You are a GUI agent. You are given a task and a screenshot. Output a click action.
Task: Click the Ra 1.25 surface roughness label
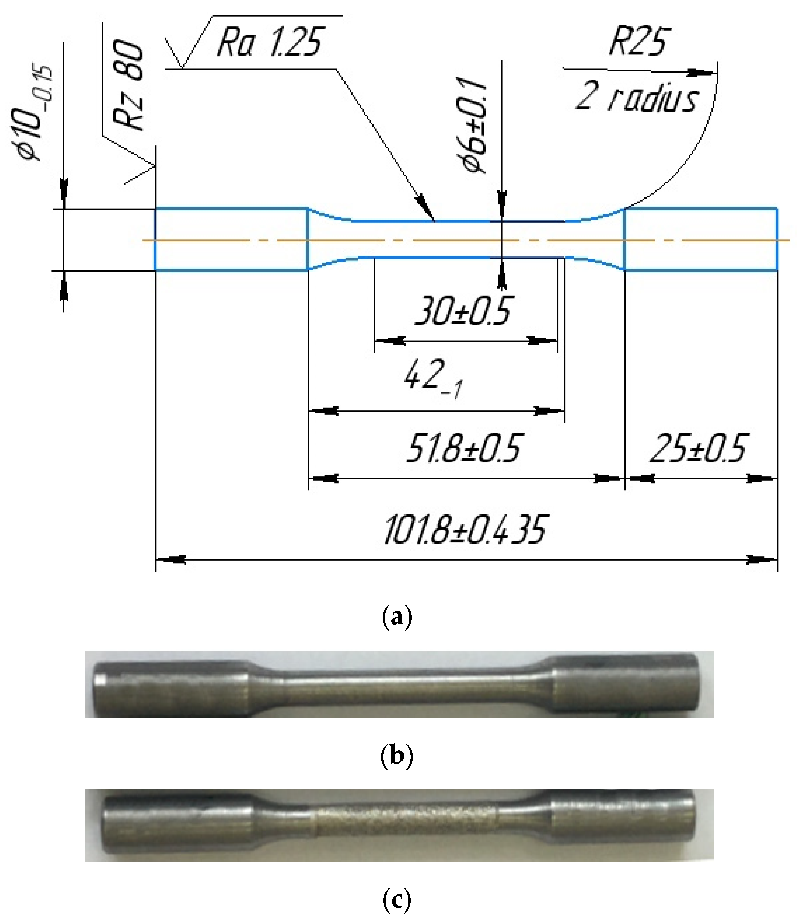click(x=269, y=43)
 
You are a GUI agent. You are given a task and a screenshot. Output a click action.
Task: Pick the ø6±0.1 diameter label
click(x=472, y=124)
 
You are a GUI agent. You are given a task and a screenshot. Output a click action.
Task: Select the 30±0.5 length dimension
click(x=463, y=311)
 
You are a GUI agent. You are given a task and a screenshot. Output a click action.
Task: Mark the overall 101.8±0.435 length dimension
click(x=464, y=529)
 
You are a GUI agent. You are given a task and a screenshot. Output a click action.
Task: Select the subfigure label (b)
click(x=397, y=756)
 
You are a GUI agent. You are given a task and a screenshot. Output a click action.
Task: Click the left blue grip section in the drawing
click(x=231, y=239)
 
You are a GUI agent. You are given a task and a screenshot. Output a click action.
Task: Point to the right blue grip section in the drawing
click(x=701, y=239)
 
